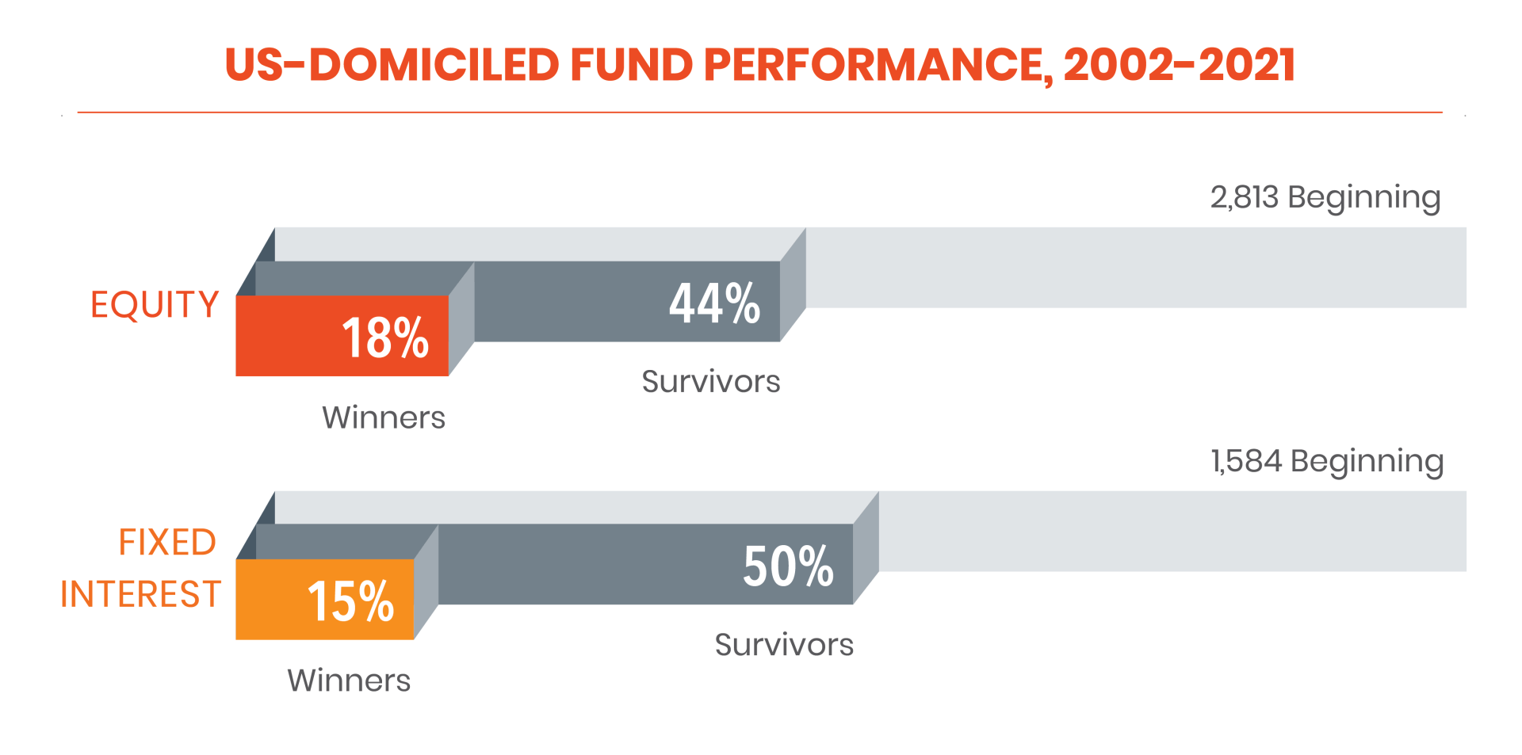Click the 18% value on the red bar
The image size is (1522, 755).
[385, 338]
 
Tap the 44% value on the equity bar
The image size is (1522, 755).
[715, 303]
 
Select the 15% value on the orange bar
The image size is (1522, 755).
[350, 601]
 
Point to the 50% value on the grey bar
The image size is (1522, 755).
[788, 566]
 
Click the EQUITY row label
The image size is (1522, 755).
[155, 305]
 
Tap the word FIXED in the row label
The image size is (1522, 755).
[167, 543]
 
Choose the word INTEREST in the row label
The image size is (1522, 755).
[140, 594]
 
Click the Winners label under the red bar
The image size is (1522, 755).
[384, 418]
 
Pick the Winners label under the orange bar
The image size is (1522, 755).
[349, 681]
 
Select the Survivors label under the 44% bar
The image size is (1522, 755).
[711, 382]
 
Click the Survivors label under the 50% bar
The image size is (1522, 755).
[784, 645]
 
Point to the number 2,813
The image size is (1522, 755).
[1245, 197]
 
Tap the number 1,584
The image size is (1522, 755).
[1246, 461]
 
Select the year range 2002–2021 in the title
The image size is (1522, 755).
[1180, 64]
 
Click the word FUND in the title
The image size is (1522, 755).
[631, 64]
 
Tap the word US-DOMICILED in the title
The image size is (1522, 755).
[392, 64]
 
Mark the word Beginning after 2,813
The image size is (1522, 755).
[1364, 198]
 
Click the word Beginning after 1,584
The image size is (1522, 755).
[1367, 462]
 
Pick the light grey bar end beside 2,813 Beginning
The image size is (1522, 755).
[1137, 268]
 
